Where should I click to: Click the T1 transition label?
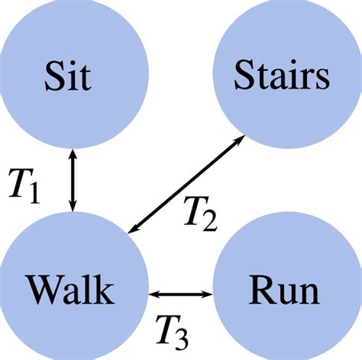(24, 184)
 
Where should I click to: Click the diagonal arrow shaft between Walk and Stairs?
(187, 185)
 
